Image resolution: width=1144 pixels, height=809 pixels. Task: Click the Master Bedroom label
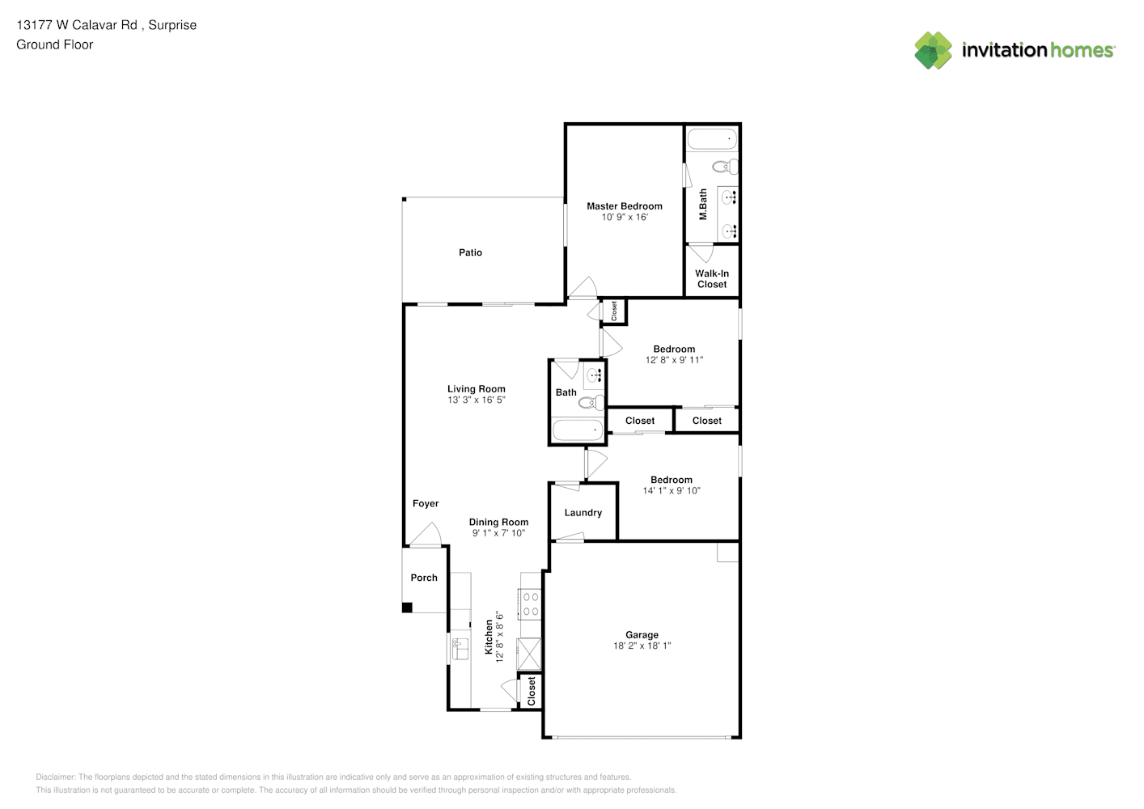[x=624, y=206]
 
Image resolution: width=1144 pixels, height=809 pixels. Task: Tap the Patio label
[x=470, y=252]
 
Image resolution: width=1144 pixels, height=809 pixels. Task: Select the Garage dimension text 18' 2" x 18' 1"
[x=642, y=646]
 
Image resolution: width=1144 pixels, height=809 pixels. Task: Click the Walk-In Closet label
[x=712, y=279]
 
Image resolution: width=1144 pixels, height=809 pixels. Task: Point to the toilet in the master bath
[x=725, y=166]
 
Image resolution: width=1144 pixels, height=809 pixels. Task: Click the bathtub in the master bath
[x=712, y=139]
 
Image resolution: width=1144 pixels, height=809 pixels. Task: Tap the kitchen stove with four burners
[x=530, y=604]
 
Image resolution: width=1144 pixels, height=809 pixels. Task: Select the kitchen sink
[x=460, y=649]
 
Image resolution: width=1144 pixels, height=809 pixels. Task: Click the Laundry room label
[x=583, y=513]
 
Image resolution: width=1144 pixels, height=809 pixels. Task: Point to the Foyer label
[x=426, y=503]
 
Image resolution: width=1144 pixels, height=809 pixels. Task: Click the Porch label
[x=424, y=578]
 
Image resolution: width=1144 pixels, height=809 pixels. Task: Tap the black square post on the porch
[x=407, y=608]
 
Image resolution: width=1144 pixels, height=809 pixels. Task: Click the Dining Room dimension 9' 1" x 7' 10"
[x=498, y=533]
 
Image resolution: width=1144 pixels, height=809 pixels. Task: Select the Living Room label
[x=477, y=389]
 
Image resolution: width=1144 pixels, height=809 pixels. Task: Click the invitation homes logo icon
[x=933, y=50]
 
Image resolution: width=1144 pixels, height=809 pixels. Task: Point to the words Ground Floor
[x=55, y=45]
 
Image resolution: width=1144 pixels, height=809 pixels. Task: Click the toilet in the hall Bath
[x=591, y=403]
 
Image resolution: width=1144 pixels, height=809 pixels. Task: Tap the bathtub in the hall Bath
[x=578, y=430]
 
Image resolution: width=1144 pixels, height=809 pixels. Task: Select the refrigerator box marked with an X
[x=529, y=654]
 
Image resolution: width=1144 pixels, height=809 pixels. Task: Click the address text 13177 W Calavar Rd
[x=77, y=25]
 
